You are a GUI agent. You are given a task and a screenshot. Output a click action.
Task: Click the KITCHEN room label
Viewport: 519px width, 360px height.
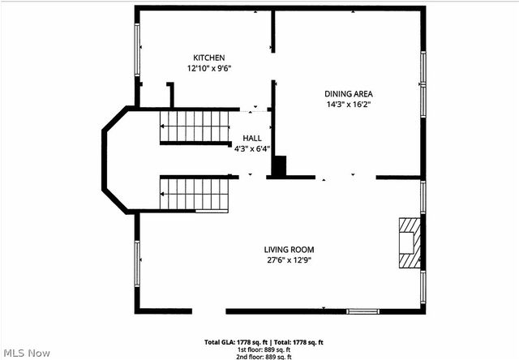[x=208, y=58]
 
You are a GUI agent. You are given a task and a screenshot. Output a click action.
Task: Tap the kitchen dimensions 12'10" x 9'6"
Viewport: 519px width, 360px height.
[x=209, y=69]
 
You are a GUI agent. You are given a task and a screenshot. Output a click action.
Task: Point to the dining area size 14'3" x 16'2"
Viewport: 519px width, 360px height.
[x=349, y=104]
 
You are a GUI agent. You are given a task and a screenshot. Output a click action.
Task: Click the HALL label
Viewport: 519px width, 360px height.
[x=251, y=139]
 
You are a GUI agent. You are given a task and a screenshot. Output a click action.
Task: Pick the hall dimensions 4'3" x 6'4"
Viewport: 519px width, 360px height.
[x=251, y=149]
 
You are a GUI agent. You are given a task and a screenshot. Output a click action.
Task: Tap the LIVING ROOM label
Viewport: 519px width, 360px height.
[x=289, y=249]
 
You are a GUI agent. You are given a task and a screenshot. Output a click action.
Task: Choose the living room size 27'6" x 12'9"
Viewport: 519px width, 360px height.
[x=289, y=260]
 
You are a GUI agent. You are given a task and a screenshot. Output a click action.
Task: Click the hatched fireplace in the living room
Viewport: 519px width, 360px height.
[x=409, y=242]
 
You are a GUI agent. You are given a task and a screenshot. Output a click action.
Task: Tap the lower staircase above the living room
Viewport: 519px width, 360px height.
[x=195, y=194]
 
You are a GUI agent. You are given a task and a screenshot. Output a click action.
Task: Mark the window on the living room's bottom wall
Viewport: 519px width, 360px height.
[x=362, y=311]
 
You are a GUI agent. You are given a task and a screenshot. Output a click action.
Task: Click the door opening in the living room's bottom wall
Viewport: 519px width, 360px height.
[x=208, y=311]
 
